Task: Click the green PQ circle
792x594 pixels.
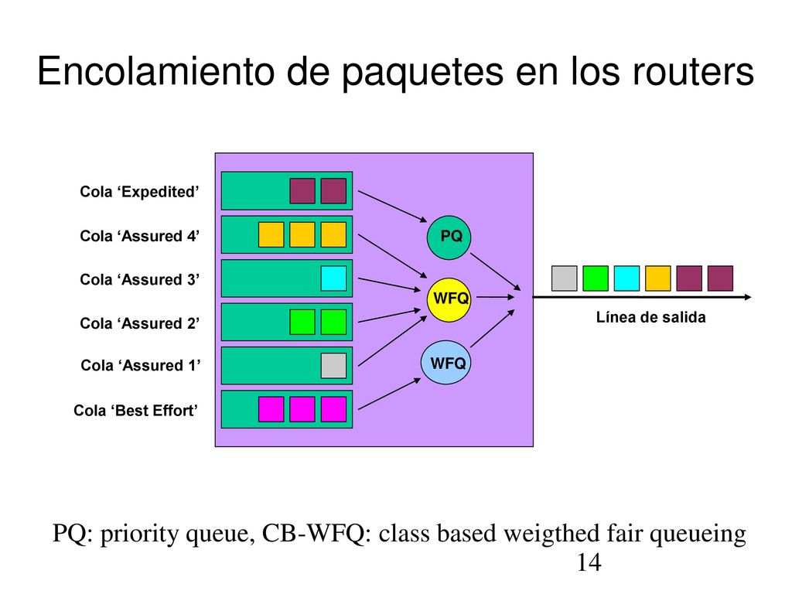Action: point(449,237)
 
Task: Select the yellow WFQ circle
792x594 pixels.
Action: point(449,299)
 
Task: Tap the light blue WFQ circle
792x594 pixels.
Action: point(446,363)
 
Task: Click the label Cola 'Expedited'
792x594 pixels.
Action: point(139,192)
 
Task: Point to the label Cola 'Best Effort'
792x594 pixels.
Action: point(136,411)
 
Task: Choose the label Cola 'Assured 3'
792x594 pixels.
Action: point(140,280)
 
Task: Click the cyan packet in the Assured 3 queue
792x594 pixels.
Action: point(333,278)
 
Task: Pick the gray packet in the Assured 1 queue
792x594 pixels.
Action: point(333,366)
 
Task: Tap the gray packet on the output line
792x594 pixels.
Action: point(564,278)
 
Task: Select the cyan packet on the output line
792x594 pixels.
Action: point(626,278)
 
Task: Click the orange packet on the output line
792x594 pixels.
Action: point(658,278)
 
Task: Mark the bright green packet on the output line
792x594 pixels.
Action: point(596,278)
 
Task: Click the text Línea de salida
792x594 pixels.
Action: point(650,317)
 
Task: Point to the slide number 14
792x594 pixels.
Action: point(589,563)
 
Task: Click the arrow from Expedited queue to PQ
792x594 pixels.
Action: point(392,206)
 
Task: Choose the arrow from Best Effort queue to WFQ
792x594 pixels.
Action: point(390,394)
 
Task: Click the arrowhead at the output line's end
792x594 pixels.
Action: point(748,297)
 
